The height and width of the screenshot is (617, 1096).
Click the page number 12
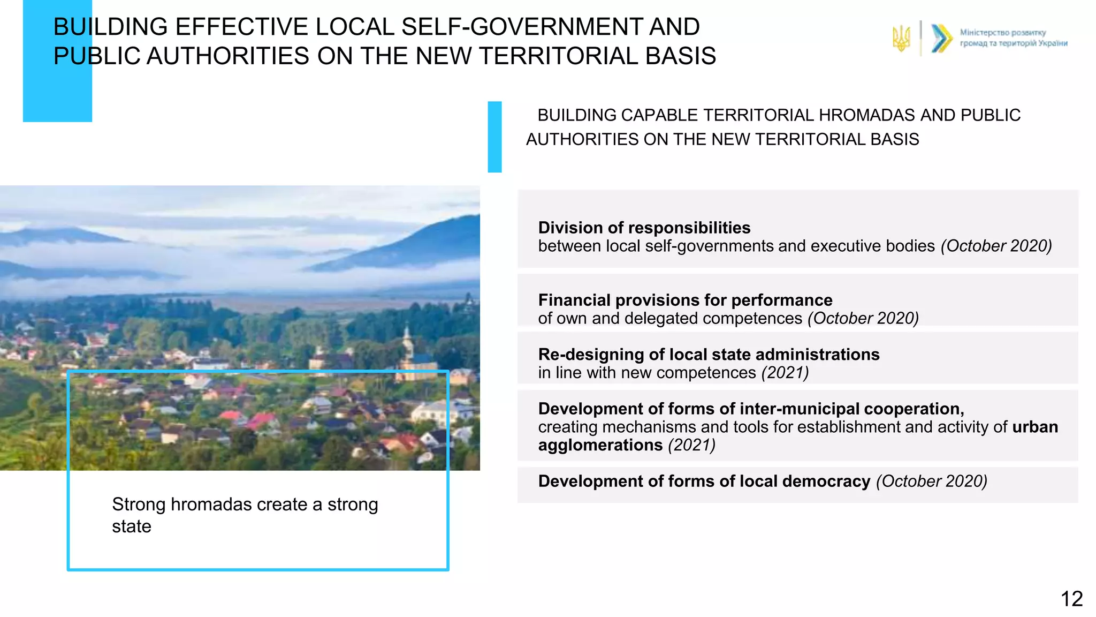click(1071, 599)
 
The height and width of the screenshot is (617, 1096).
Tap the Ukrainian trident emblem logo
click(901, 39)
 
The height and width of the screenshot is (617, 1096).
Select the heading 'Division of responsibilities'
click(644, 228)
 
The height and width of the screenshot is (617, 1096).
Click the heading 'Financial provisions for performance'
click(685, 300)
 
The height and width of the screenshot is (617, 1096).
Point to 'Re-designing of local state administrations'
click(709, 355)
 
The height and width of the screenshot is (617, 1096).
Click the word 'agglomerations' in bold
click(600, 445)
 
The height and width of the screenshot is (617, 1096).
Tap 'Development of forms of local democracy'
click(704, 481)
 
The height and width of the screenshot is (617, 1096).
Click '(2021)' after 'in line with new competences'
click(785, 373)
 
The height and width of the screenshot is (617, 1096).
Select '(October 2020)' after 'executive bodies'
click(996, 246)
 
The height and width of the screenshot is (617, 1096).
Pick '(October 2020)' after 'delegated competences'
click(863, 318)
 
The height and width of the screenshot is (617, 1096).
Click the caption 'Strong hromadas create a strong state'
click(245, 515)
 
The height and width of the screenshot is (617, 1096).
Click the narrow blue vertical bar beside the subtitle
click(494, 137)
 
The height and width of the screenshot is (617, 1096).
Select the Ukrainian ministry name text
click(1013, 38)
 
